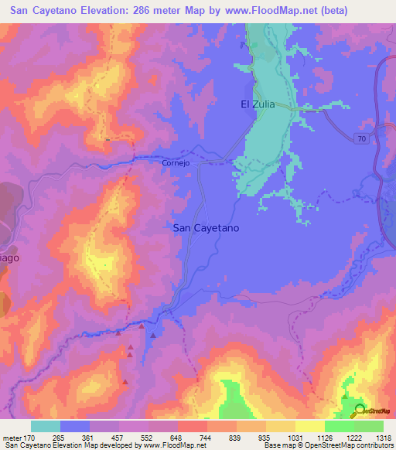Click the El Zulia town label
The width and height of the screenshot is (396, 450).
coord(258,103)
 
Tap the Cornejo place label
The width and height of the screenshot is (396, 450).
coord(176,163)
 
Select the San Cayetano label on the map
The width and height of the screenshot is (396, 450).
coord(205,228)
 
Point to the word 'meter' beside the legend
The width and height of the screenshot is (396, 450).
coord(12,437)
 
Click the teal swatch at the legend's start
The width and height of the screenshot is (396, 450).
coord(46,426)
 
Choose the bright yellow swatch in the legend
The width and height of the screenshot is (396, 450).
coord(310,426)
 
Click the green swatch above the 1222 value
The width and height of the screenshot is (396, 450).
coord(340,426)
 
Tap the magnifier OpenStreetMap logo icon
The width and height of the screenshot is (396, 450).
coord(360,411)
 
